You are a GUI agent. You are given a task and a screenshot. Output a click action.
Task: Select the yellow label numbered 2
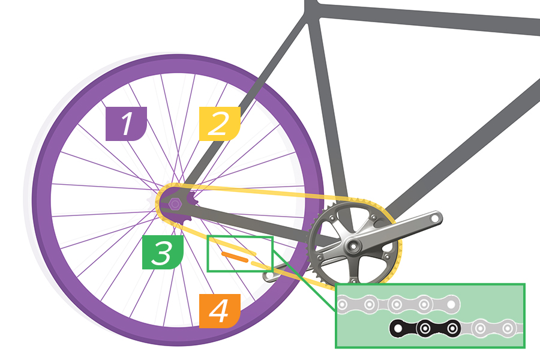tap(219, 124)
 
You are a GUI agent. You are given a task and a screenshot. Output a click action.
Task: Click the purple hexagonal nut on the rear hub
tap(174, 203)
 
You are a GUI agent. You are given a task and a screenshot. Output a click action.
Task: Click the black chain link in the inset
tap(425, 328)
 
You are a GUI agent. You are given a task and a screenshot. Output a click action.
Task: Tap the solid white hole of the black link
tap(397, 329)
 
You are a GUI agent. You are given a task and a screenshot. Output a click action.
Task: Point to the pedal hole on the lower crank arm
tap(269, 277)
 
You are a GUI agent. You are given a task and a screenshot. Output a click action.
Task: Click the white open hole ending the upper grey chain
tap(451, 304)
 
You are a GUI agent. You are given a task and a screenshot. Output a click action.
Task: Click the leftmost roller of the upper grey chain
tap(343, 305)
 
